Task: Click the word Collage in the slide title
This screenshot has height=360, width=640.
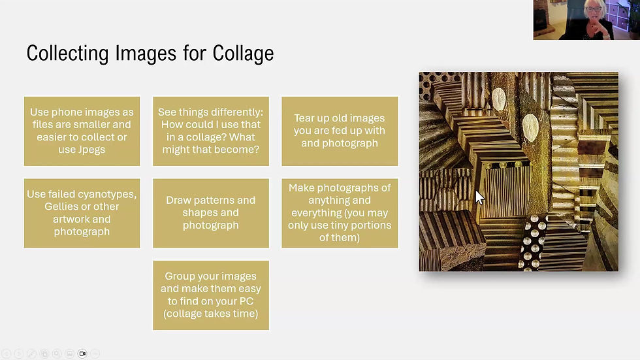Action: coord(243,54)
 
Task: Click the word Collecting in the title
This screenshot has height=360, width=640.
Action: coord(68,54)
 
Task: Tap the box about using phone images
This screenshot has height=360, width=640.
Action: coord(82,131)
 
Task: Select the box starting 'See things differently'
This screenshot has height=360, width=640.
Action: coord(211,131)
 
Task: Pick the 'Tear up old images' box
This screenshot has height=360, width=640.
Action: coord(340,131)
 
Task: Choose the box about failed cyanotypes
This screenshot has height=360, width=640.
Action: coord(82,213)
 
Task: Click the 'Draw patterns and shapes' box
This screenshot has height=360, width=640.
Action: coord(211,213)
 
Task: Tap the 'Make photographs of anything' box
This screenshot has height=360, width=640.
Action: coord(340,213)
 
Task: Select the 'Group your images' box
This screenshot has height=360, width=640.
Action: coord(211,295)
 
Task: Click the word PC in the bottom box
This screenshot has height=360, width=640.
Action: coord(246,301)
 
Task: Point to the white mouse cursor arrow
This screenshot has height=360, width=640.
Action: coord(479,197)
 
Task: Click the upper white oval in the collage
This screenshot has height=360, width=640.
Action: coord(498,99)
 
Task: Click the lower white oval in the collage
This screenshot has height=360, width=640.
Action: coord(530,128)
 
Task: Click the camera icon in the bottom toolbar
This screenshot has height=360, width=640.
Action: coord(82,353)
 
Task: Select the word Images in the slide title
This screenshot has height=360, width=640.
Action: coord(146,54)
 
